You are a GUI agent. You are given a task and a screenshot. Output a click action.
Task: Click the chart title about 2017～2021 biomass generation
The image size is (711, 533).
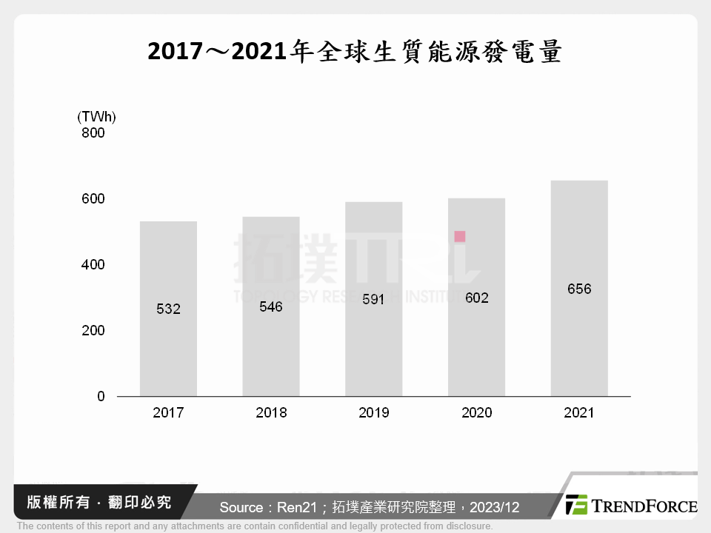click(355, 53)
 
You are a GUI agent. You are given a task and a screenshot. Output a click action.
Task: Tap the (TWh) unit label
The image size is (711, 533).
click(96, 117)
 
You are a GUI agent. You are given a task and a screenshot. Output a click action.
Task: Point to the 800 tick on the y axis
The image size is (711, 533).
click(94, 133)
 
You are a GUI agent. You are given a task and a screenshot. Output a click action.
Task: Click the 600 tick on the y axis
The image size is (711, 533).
click(94, 199)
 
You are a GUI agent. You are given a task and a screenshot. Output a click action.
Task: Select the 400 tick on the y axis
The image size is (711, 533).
click(94, 265)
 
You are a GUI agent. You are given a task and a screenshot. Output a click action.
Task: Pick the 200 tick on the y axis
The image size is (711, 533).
click(94, 331)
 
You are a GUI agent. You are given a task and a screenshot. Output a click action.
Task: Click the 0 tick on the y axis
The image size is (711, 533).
click(101, 397)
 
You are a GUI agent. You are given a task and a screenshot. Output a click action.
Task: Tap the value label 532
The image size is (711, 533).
click(168, 309)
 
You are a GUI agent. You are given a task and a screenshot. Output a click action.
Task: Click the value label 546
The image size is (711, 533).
click(270, 306)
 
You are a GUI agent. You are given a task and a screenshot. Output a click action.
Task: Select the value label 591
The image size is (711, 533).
click(373, 300)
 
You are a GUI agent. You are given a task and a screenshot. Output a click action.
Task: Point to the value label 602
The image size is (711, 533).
click(476, 298)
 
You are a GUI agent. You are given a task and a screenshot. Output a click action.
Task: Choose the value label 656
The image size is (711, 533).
click(579, 289)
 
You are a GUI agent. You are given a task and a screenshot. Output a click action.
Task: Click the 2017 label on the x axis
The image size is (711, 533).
click(168, 413)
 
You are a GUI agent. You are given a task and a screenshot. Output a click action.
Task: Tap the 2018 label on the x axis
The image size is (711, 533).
click(271, 413)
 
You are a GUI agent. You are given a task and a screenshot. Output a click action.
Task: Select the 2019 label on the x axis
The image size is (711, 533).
click(373, 413)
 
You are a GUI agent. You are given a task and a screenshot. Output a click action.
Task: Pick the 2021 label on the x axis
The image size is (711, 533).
click(579, 413)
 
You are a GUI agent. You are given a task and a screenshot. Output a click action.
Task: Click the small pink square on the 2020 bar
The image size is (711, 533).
click(460, 237)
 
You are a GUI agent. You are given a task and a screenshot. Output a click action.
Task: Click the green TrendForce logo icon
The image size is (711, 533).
click(576, 506)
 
